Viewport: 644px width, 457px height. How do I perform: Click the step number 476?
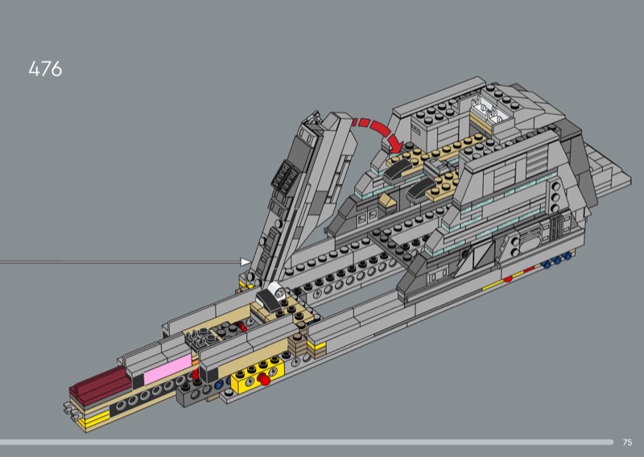tap(45, 69)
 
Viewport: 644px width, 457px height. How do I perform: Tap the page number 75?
tap(627, 443)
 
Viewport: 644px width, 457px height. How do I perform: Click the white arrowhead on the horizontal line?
tap(246, 261)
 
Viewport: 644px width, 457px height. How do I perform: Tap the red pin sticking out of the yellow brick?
tap(265, 381)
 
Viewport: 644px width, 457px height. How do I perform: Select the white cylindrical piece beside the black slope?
tap(277, 290)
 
